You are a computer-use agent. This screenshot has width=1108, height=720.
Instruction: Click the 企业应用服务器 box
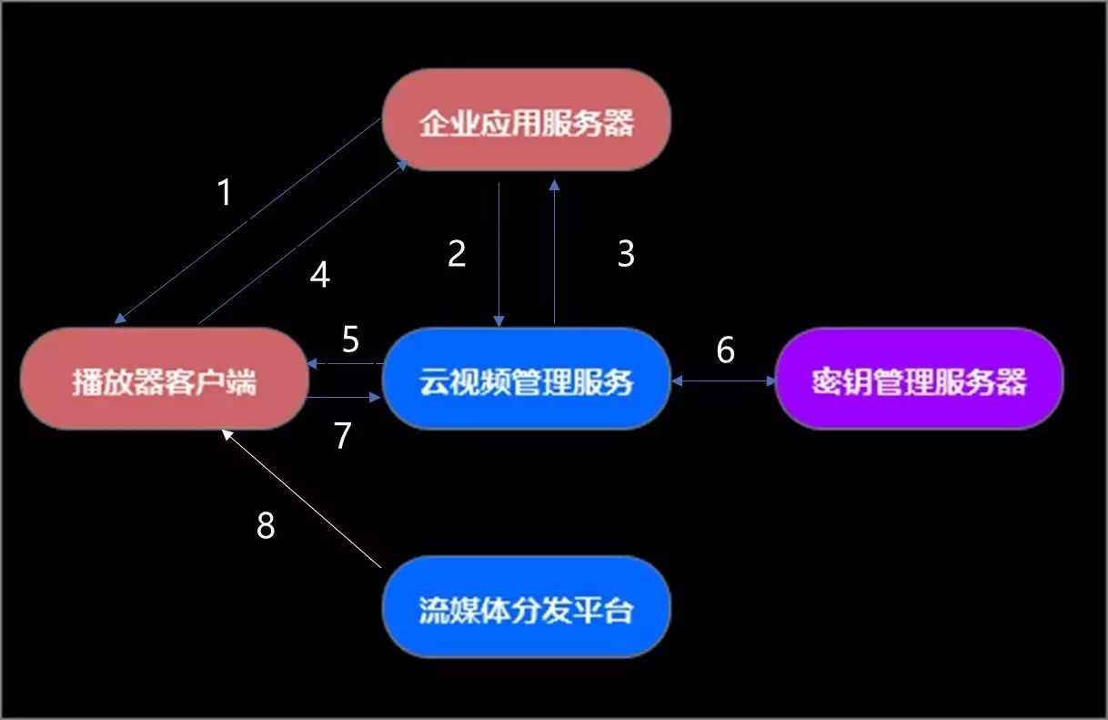[526, 120]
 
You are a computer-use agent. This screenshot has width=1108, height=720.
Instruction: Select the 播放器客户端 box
[164, 380]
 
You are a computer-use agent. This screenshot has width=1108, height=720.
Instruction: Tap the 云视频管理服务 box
[526, 380]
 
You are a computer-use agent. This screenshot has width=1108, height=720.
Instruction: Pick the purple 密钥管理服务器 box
[919, 380]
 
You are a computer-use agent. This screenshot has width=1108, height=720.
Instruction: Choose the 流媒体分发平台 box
[526, 607]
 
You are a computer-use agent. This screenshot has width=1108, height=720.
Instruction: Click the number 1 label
[225, 193]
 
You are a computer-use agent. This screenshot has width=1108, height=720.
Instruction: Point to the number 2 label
[457, 254]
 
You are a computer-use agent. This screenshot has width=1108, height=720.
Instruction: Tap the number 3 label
[626, 254]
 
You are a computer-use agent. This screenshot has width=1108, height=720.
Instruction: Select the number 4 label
[319, 275]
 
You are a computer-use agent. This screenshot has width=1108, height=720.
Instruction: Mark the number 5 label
[351, 340]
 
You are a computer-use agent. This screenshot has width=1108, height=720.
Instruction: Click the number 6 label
[725, 350]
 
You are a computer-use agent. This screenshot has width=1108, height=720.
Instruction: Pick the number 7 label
[342, 436]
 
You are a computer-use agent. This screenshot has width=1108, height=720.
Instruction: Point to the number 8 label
[266, 525]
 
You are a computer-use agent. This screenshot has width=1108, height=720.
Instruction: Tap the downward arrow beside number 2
[499, 255]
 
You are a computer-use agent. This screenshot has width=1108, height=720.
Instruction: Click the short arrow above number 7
[344, 398]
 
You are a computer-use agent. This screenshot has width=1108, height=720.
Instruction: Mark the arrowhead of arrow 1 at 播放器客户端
[119, 319]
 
